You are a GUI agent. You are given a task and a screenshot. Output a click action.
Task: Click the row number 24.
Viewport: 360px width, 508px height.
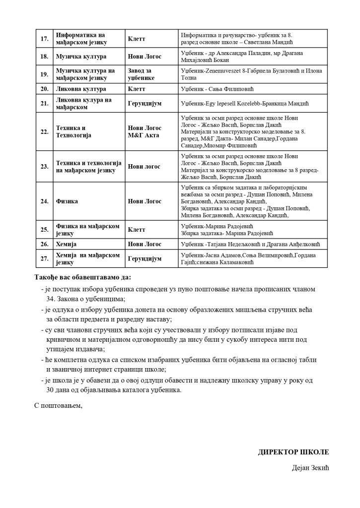[44, 201]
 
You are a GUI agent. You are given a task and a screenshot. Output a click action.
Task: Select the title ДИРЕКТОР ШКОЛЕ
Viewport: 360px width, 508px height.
[293, 452]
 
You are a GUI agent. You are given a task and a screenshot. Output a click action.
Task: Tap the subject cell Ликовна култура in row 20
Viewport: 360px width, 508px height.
[80, 89]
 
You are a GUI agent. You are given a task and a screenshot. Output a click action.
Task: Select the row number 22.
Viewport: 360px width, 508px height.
[44, 131]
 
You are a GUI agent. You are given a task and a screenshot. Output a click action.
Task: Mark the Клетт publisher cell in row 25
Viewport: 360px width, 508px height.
[137, 230]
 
